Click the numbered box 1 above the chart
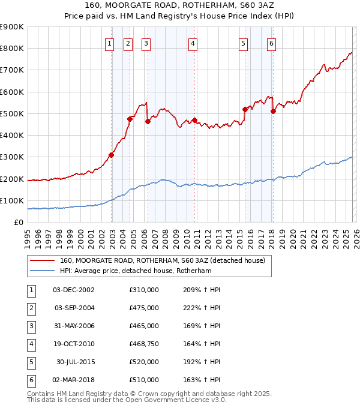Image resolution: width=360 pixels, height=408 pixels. coord(110,43)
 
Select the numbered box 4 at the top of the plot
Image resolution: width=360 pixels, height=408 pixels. coord(193,43)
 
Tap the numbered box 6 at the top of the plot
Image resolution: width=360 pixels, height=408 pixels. coord(271,43)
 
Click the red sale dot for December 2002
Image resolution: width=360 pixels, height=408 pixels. coord(111,155)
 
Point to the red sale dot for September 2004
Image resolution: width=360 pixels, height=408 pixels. coord(130,119)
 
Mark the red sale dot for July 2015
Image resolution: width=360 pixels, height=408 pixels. coord(245,109)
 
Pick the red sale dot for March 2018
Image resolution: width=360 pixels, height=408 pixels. coord(272,111)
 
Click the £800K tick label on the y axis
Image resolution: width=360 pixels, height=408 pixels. coord(12,49)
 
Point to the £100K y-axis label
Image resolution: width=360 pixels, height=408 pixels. coord(12,200)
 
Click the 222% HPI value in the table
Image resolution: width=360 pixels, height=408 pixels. coord(200,308)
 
